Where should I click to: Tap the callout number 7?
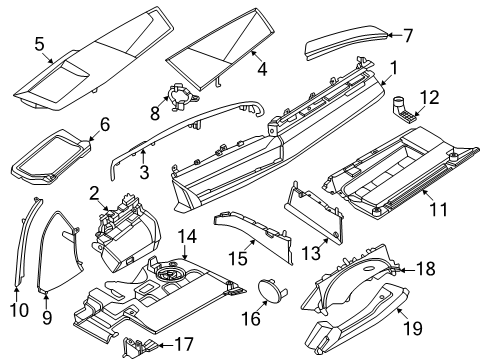tap(408, 35)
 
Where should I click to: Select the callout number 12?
tap(430, 97)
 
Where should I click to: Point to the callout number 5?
tap(39, 44)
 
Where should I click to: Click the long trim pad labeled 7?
tap(345, 42)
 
